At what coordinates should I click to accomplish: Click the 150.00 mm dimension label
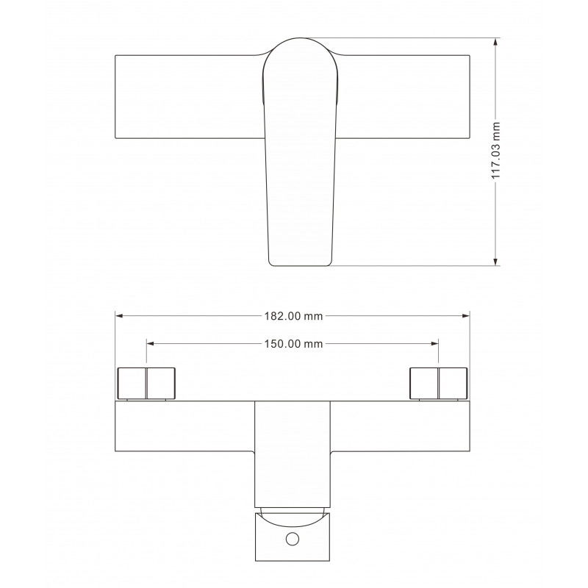[x=293, y=343]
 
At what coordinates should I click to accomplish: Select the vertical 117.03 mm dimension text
[x=496, y=151]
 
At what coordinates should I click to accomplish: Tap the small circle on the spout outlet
[x=293, y=541]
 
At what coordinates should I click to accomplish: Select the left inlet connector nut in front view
[x=148, y=382]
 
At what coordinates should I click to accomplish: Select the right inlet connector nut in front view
[x=439, y=382]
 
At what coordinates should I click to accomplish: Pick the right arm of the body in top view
[x=404, y=96]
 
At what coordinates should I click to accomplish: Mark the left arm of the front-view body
[x=184, y=426]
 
